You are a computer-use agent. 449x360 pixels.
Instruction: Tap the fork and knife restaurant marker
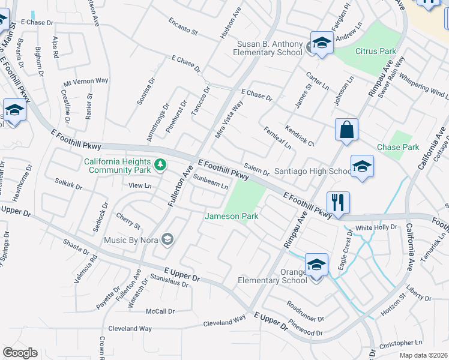[339, 203]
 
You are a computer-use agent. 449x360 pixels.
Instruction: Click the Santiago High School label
[312, 171]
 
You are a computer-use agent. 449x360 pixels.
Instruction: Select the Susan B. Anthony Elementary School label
[270, 48]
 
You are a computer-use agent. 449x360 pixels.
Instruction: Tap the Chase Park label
[397, 147]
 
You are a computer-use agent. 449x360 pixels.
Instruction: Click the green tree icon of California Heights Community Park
[160, 164]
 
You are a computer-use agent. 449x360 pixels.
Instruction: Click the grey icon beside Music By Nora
[167, 240]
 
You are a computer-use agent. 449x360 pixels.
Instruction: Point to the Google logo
[20, 353]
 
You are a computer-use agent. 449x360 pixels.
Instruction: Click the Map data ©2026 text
[423, 355]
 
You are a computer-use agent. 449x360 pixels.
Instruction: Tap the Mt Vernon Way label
[85, 80]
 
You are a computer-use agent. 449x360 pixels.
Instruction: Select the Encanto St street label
[183, 25]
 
